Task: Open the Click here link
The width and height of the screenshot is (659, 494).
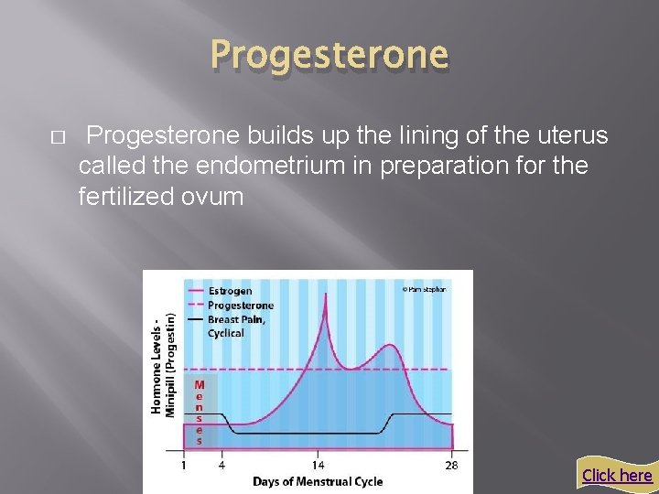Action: pos(616,475)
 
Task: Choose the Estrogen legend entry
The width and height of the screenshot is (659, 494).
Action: pos(230,292)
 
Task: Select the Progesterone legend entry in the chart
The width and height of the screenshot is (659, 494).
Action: pos(240,306)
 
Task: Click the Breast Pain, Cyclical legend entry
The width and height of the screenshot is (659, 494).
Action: pos(238,326)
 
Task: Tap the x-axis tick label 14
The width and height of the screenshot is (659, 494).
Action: pos(318,465)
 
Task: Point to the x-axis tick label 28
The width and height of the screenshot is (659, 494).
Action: pos(450,465)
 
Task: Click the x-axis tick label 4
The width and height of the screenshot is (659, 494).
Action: pos(221,465)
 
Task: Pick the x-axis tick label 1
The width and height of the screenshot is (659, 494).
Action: pos(184,465)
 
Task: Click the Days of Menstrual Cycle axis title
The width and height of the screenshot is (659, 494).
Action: pos(318,482)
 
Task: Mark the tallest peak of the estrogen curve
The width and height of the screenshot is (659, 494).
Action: pos(325,306)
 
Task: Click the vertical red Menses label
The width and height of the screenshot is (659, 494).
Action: pos(199,413)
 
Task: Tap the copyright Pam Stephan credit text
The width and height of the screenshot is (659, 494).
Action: pos(424,289)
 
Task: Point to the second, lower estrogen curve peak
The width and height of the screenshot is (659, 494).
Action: pos(390,346)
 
